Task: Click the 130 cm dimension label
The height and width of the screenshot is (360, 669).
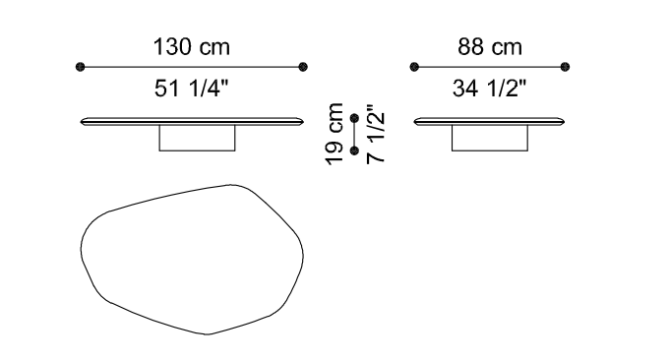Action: [x=192, y=47]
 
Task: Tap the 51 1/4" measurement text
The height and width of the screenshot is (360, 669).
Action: [x=192, y=89]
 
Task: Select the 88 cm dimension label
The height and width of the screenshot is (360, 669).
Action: [x=490, y=47]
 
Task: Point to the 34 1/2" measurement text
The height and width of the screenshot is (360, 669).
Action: [x=489, y=89]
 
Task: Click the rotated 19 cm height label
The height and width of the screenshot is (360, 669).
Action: [x=334, y=134]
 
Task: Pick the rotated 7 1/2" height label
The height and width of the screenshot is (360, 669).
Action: [x=376, y=134]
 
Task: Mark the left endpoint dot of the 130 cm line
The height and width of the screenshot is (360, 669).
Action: [x=81, y=67]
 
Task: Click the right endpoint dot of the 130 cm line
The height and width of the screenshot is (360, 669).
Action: [x=303, y=67]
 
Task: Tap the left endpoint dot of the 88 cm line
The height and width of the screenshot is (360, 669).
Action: [x=414, y=67]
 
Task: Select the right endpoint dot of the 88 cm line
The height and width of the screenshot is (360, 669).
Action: [x=565, y=67]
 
